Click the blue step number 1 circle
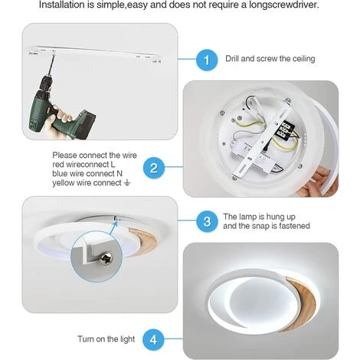pos(207,60)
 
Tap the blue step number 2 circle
pos(154,169)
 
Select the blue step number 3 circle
pos(207,221)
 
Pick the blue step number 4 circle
pos(153,340)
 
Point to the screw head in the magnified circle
pos(106,259)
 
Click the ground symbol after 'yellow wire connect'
pos(127,183)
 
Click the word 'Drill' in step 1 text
pos(232,58)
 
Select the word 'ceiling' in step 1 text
pos(303,59)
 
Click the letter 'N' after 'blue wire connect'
pos(119,174)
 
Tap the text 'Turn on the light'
pos(106,339)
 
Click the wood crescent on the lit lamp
pos(302,304)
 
